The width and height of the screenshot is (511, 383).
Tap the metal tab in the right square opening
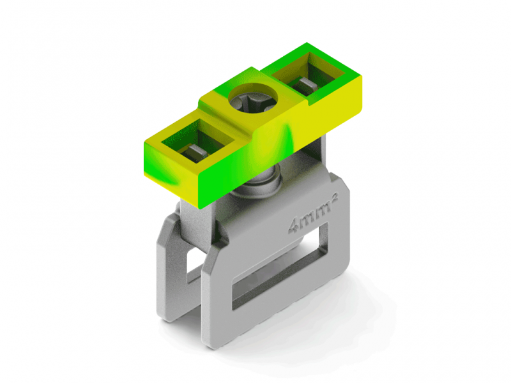pos(306,84)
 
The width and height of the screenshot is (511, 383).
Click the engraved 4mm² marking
pos(313,213)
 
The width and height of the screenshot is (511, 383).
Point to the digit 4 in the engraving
pos(293,227)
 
